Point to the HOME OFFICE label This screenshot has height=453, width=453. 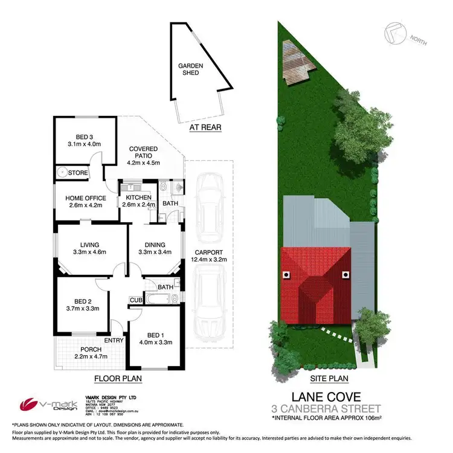point(86,198)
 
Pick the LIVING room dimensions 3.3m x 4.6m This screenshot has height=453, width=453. point(89,253)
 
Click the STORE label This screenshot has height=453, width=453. point(79,173)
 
